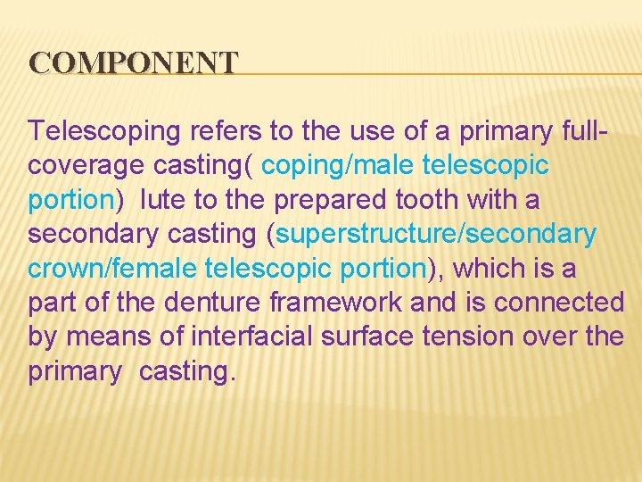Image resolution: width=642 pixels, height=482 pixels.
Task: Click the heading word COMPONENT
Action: [x=134, y=62]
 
